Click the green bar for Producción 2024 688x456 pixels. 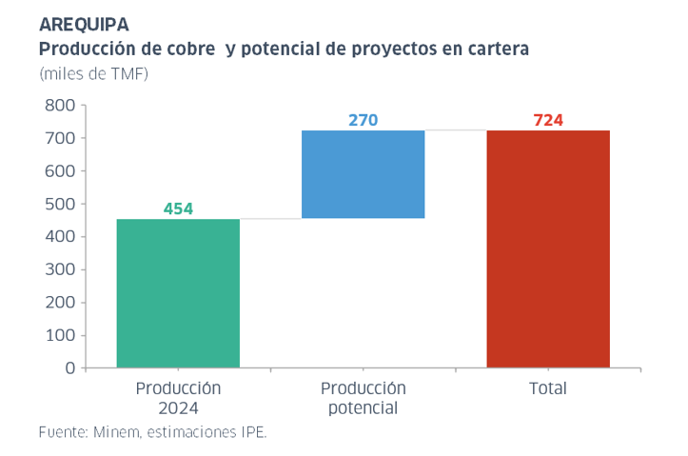(178, 293)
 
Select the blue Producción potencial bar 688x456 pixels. (363, 174)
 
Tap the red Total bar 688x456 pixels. (548, 248)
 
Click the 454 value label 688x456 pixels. (178, 208)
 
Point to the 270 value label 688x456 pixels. (363, 120)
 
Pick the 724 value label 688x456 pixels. (548, 120)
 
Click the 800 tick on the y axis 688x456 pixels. (59, 106)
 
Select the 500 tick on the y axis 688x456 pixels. (59, 204)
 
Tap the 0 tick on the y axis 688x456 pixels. (69, 367)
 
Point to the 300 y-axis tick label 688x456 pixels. (59, 269)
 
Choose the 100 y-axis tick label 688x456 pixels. (59, 335)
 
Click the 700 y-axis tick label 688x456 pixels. (59, 138)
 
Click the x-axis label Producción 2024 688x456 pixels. (178, 398)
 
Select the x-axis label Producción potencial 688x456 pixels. (363, 398)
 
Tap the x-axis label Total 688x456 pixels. (547, 388)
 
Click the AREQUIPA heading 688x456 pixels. (85, 24)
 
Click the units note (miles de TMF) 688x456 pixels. (94, 73)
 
